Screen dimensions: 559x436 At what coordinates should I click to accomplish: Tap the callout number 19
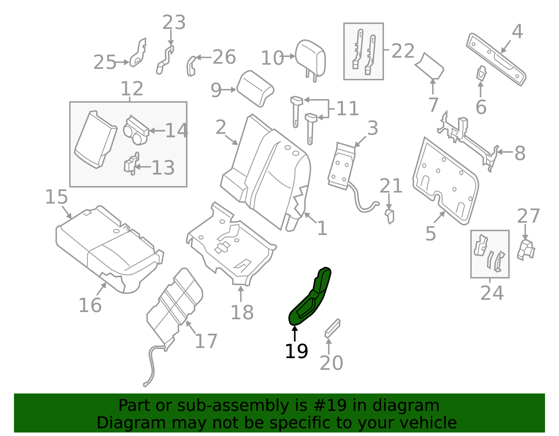point(296,351)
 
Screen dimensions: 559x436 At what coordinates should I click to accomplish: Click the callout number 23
point(174,22)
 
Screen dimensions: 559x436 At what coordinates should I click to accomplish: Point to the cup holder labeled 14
point(136,130)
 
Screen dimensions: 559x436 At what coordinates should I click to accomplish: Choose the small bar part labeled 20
point(333,328)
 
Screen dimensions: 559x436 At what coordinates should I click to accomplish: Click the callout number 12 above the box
point(132,88)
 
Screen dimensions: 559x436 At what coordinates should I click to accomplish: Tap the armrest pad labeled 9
point(255,89)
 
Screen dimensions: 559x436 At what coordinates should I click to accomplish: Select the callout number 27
point(528,216)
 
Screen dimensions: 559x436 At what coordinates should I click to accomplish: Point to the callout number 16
point(90,305)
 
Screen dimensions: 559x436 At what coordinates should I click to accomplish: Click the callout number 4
point(517,31)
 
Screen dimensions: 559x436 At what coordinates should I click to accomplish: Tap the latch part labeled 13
point(132,164)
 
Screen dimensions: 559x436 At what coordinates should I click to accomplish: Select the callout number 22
point(403,51)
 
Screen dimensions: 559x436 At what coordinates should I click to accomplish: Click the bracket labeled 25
point(138,53)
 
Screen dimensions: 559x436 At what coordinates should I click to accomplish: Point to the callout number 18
point(242,312)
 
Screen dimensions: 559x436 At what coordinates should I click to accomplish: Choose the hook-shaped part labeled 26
point(191,66)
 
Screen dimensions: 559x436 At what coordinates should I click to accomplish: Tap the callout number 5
point(431,234)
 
